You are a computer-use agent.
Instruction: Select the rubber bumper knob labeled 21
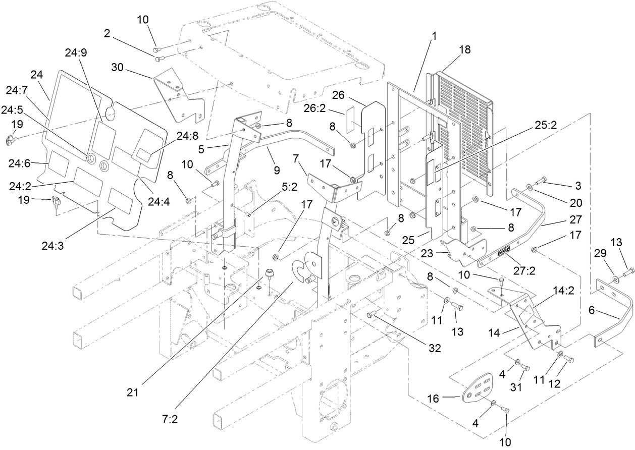(270, 273)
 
